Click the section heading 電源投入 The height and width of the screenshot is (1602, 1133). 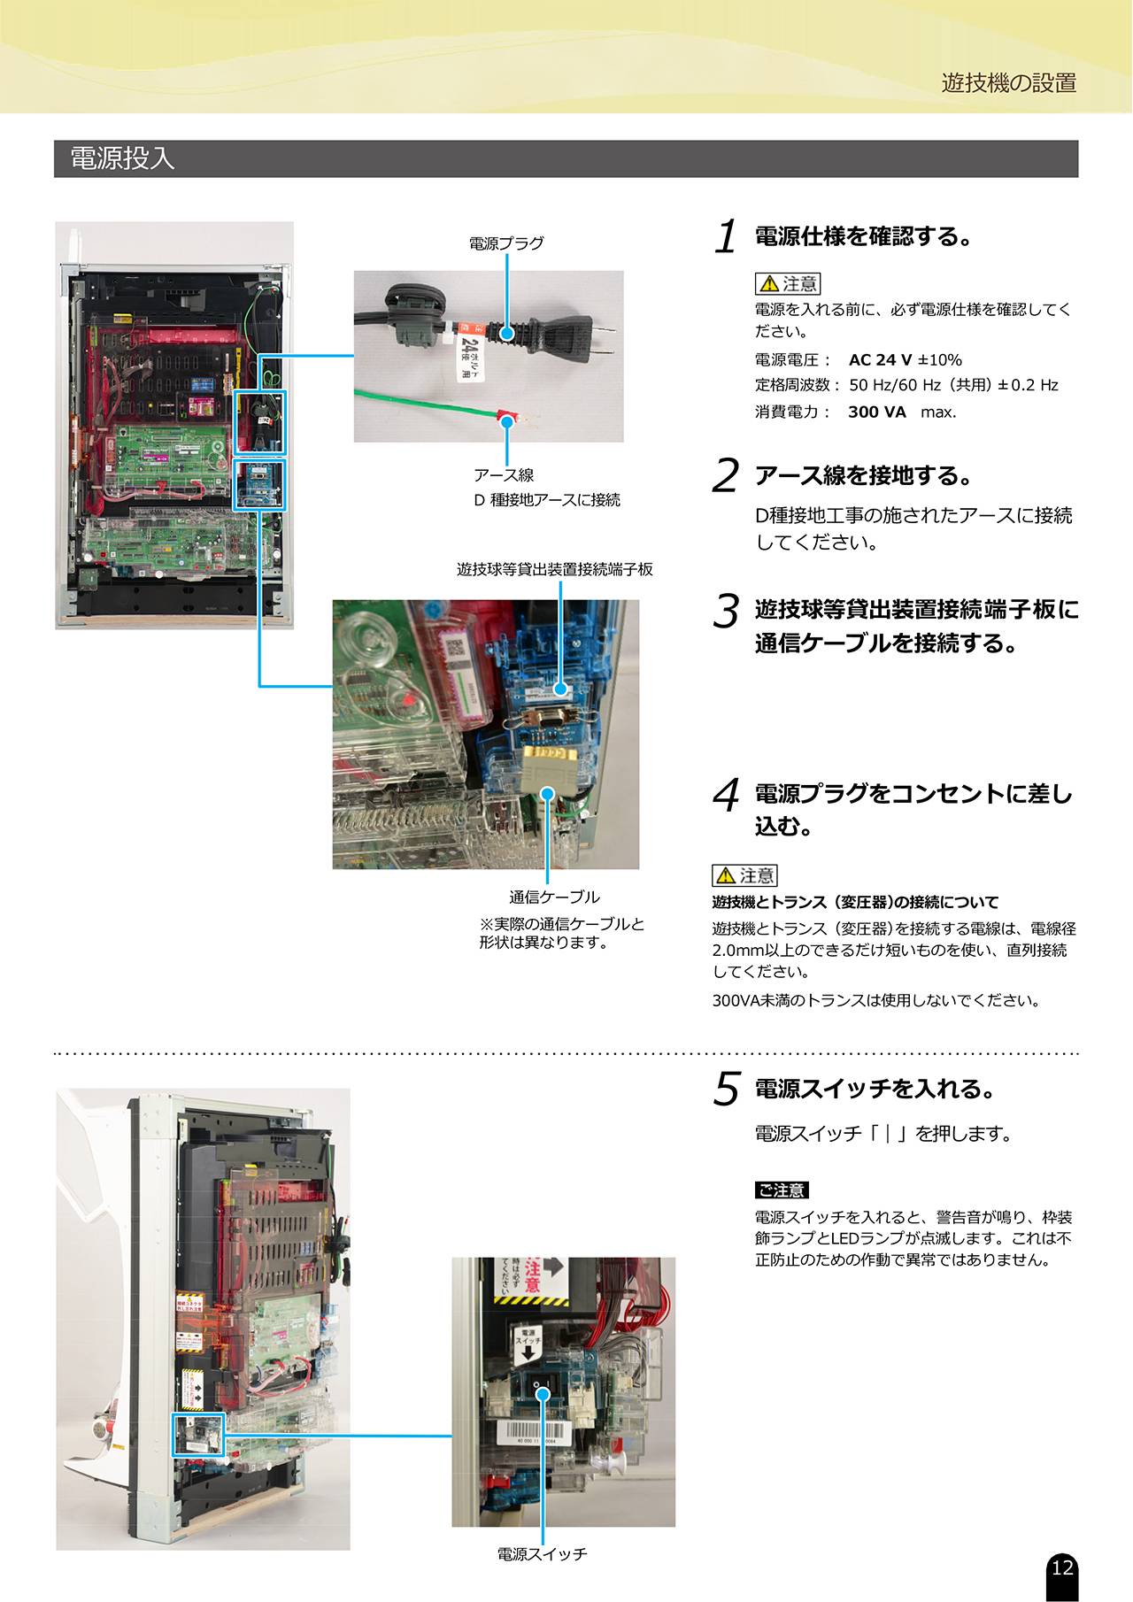[122, 158]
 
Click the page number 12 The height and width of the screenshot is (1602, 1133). [1062, 1567]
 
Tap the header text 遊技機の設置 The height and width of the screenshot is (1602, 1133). [1009, 83]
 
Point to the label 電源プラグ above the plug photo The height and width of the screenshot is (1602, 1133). [506, 243]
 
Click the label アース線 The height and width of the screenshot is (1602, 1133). [504, 475]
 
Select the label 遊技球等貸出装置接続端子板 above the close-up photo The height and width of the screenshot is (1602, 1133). [555, 569]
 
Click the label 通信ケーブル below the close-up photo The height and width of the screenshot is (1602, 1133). [555, 897]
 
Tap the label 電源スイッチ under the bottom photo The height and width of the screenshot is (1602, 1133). [542, 1554]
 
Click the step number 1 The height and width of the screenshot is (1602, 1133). [726, 237]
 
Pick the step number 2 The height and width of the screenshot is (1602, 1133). [725, 476]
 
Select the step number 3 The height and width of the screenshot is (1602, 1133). [726, 611]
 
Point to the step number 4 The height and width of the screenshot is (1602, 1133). [726, 795]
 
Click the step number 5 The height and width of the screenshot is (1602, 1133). [726, 1090]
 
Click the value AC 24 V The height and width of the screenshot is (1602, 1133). [880, 360]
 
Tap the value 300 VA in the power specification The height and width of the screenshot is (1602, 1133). [877, 412]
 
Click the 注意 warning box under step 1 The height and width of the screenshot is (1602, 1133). [788, 283]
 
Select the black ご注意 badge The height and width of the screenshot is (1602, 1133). [782, 1190]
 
